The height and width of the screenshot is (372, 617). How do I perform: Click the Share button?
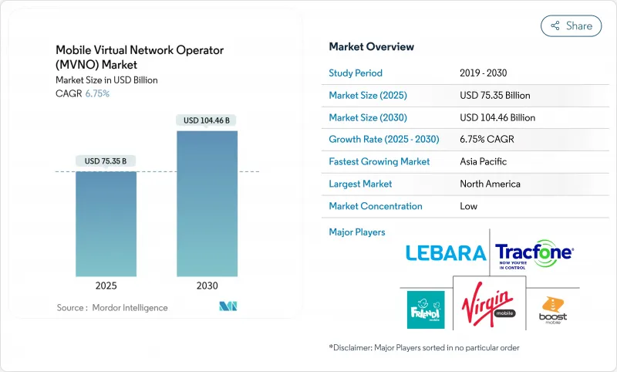coord(571,25)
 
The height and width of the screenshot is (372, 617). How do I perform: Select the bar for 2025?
coord(106,223)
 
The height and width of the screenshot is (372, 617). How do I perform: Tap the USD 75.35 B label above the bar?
coord(106,161)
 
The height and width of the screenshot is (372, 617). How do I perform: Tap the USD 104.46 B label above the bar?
coord(207,120)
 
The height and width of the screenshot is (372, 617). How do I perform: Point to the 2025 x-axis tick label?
coord(106,285)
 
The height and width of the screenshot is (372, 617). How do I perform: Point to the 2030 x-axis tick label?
coord(207,285)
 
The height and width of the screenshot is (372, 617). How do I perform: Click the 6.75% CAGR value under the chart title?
coord(96,93)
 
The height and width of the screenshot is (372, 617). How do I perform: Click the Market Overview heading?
coord(371,47)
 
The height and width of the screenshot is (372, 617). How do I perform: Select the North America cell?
coord(490,184)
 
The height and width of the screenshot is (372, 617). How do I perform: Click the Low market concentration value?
coord(468,206)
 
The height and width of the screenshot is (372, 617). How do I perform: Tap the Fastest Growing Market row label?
coord(379,161)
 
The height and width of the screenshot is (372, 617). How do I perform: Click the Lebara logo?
coord(445,253)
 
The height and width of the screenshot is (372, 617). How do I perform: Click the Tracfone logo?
coord(534,253)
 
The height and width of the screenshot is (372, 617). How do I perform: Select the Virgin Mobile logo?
coord(490,308)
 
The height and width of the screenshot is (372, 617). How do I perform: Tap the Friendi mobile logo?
coord(425,309)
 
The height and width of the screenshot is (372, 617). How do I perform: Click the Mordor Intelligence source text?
coord(111,307)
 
